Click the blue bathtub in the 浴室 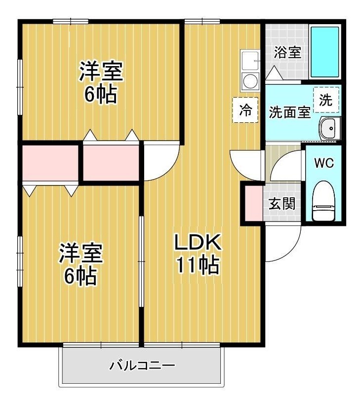[x=324, y=52]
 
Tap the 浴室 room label [x=287, y=52]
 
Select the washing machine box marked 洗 [x=326, y=100]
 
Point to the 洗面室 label [x=289, y=112]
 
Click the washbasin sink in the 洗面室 [x=327, y=129]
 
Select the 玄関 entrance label [x=282, y=203]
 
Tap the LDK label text [x=198, y=243]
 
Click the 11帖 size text [x=198, y=266]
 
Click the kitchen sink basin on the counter [x=251, y=61]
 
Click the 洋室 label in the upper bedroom [x=101, y=72]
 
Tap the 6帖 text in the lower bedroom [x=80, y=277]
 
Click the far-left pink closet [x=50, y=162]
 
